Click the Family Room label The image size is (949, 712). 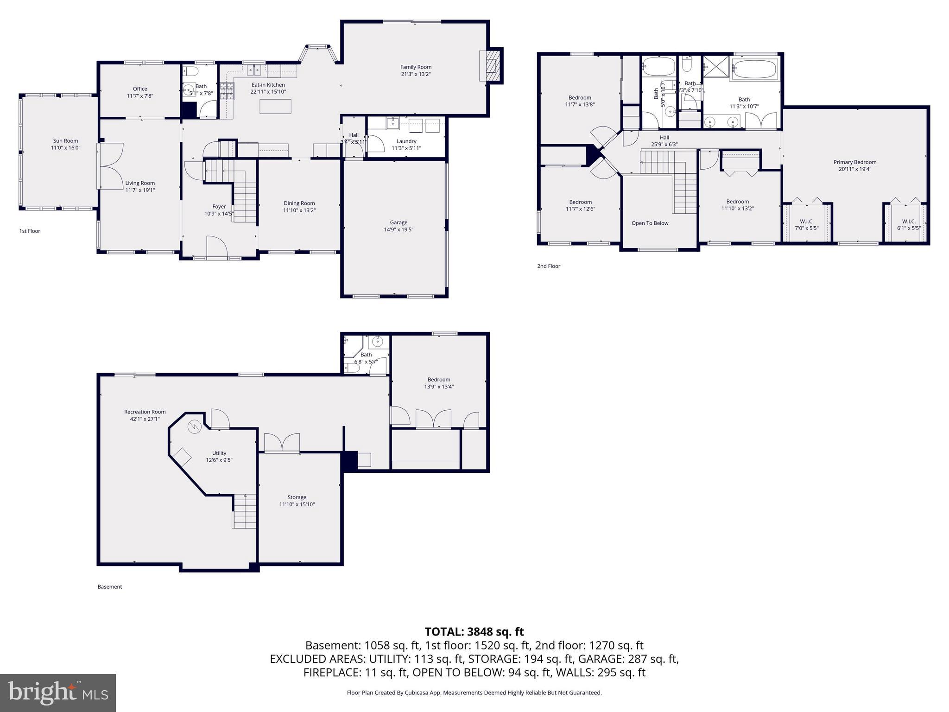coord(416,67)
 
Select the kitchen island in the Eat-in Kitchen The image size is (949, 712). coord(276,107)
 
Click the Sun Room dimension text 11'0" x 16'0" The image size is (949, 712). coord(65,148)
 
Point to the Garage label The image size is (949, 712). coord(399,222)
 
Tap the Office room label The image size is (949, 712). coord(140,89)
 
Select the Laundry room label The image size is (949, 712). coord(406,141)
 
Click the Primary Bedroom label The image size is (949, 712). coord(855,162)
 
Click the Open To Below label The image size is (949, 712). coord(650,223)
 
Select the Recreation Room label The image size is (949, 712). coord(145,412)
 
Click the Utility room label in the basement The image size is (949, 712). coord(219,453)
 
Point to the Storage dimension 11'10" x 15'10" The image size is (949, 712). coord(297,504)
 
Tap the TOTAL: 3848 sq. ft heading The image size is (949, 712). coord(474,632)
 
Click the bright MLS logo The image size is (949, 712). coord(58,693)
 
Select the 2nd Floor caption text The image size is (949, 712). coord(549,266)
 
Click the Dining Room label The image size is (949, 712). coord(299,203)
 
